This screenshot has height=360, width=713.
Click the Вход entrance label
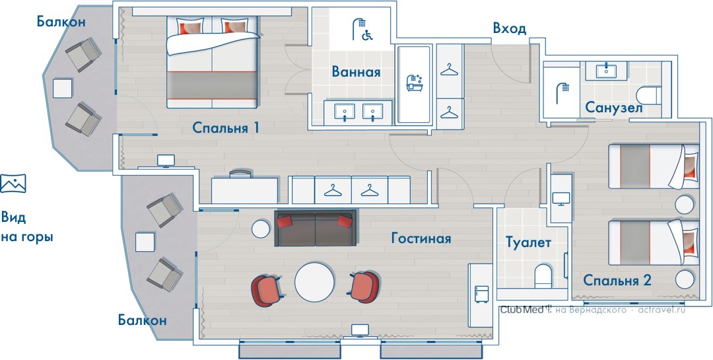[509, 28]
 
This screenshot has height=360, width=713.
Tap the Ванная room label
[356, 72]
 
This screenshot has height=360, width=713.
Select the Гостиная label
[421, 238]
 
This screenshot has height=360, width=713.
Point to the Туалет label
[528, 242]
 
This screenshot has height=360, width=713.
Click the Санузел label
[613, 108]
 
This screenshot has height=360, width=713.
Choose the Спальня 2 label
[617, 280]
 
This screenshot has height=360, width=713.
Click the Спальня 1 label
[226, 127]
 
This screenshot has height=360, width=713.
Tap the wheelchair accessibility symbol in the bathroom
[366, 35]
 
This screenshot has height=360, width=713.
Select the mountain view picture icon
[13, 183]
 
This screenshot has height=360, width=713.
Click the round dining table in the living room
[314, 281]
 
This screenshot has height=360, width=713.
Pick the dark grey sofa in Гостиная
[315, 228]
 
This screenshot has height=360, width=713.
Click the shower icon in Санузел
[562, 93]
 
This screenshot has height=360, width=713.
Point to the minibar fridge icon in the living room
[481, 295]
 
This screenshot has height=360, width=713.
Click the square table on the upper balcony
[62, 89]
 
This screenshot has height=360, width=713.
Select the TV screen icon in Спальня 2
[560, 199]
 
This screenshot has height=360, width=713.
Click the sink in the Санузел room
[605, 71]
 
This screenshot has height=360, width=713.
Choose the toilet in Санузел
[648, 96]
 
